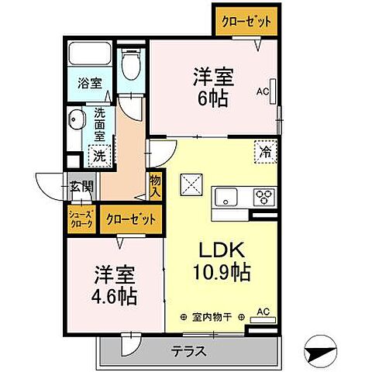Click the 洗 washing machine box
99,155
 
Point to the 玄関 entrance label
81,186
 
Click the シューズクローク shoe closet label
81,219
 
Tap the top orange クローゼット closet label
243,21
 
